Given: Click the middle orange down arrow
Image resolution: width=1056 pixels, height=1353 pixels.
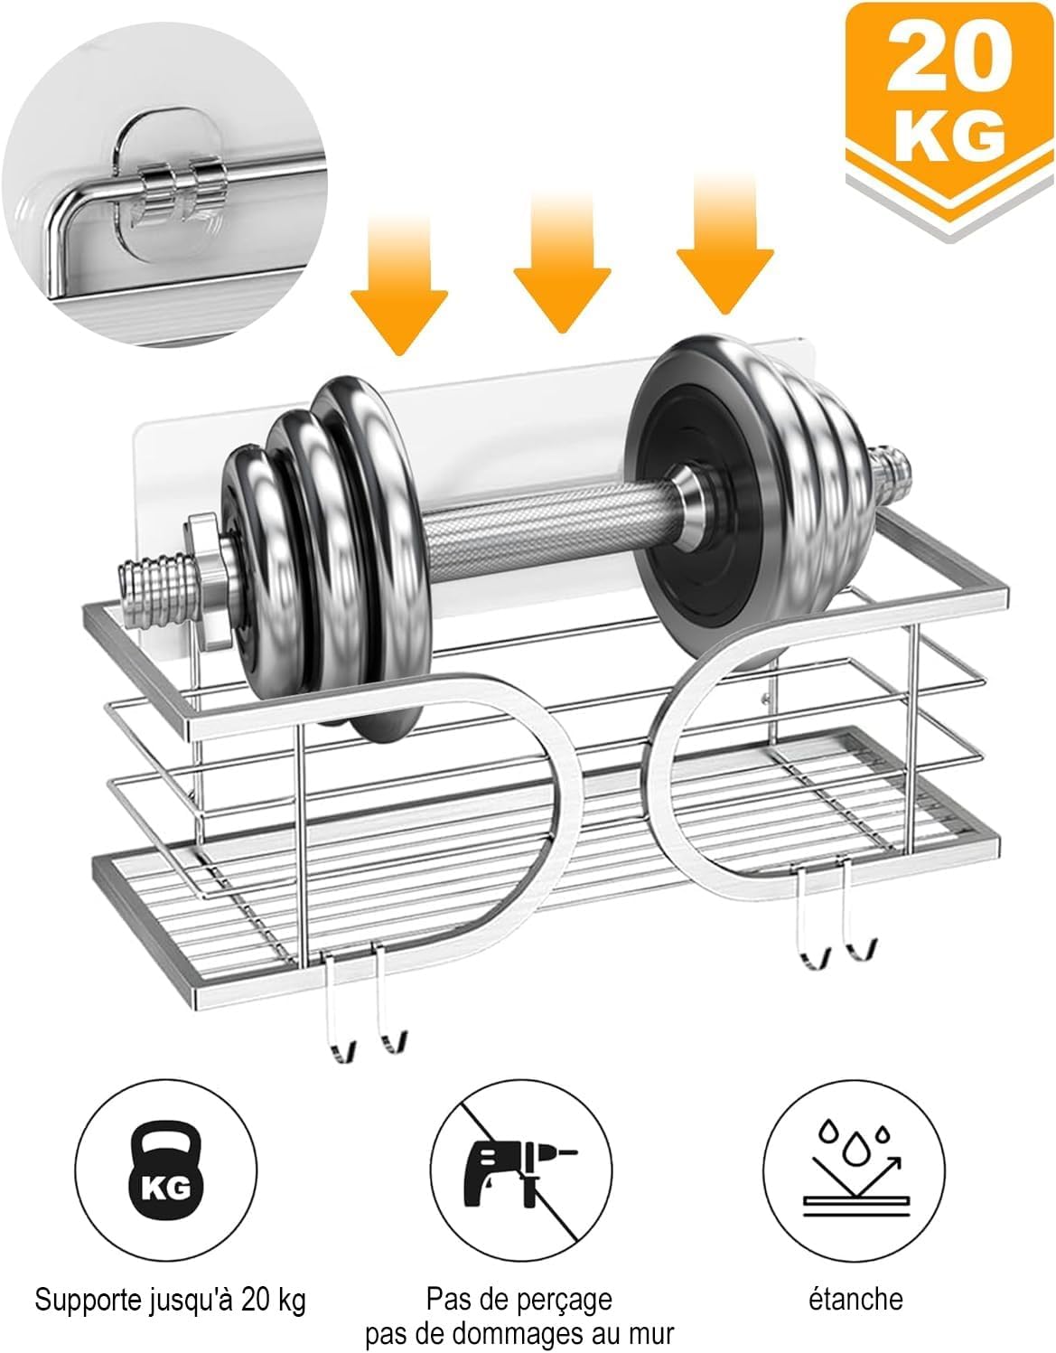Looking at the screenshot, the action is [x=562, y=261].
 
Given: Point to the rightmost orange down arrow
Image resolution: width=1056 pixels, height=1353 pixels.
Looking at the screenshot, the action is [x=725, y=243].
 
